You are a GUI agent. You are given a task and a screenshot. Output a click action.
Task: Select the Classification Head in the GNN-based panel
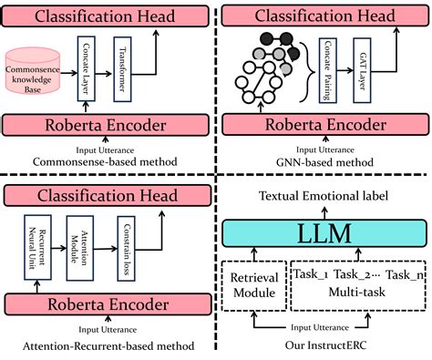pos(324,15)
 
